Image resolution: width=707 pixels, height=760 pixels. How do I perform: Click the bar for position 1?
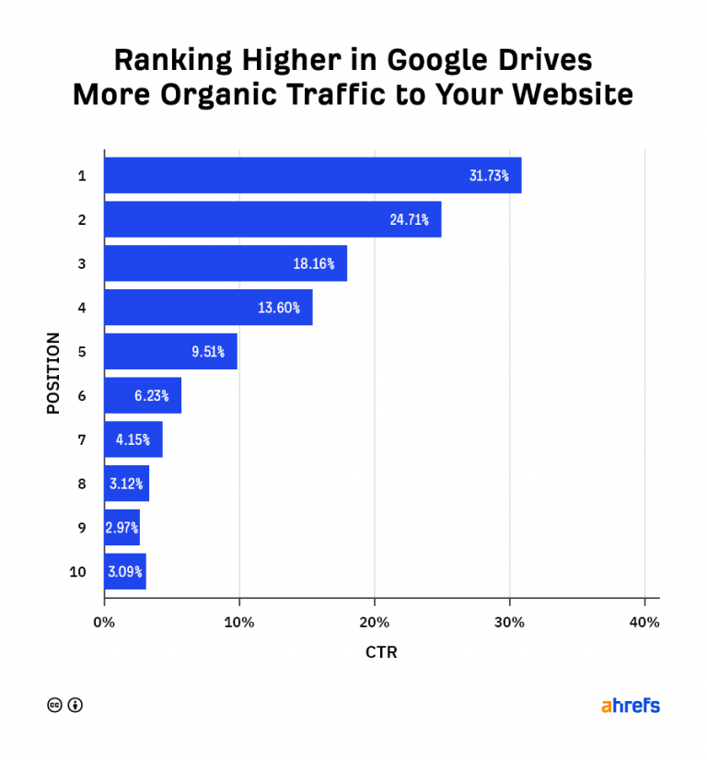312,175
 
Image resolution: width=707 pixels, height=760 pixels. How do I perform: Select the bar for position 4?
208,308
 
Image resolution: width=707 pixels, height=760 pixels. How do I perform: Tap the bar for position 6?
143,395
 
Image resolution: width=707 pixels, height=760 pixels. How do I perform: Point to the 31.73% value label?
489,176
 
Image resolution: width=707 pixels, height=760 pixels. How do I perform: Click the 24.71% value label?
409,220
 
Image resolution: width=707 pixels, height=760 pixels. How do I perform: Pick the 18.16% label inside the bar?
314,263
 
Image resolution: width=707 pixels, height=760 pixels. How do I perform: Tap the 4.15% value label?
133,439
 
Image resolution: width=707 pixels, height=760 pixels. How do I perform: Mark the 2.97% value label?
122,528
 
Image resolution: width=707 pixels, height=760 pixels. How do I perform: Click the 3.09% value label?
124,572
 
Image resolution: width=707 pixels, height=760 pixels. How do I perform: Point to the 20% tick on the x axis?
375,622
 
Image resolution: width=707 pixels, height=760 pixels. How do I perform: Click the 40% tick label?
644,622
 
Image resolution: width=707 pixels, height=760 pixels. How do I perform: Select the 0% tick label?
104,622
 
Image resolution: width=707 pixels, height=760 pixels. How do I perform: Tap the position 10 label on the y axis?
78,572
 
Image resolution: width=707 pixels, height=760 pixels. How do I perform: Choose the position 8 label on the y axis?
82,484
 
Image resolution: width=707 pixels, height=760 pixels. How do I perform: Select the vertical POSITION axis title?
53,373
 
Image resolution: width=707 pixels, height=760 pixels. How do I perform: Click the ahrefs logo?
631,706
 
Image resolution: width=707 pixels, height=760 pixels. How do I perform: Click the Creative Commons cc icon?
54,706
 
